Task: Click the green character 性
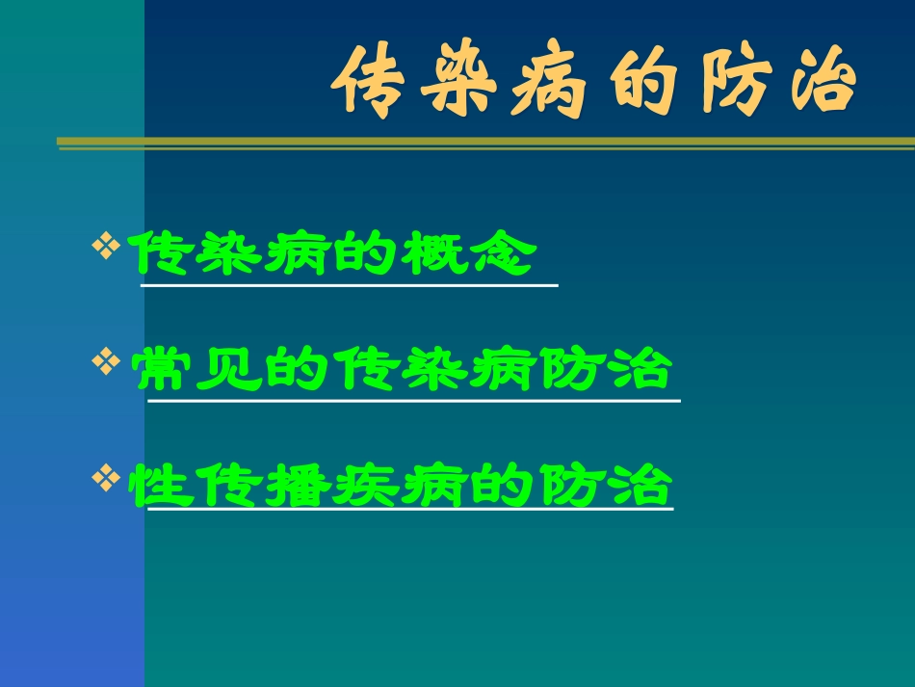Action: (x=157, y=486)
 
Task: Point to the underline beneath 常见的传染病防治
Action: (x=413, y=400)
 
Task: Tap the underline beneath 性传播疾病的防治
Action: (x=409, y=511)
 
